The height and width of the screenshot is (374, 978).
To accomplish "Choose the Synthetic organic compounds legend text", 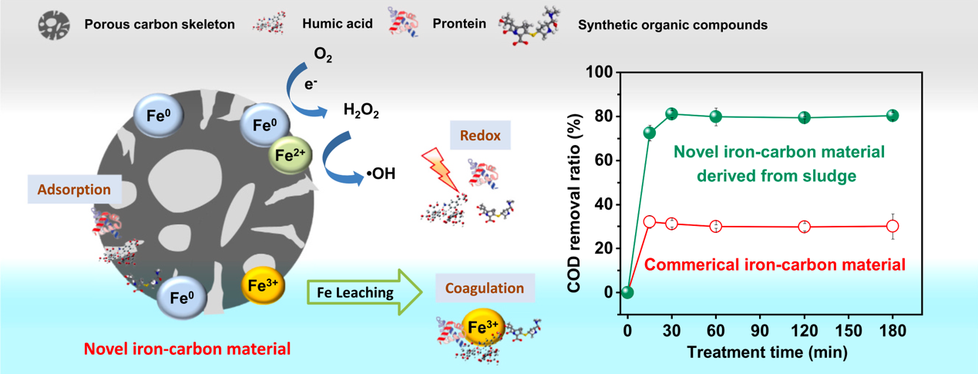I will pyautogui.click(x=672, y=25).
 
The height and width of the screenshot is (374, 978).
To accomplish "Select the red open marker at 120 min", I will pyautogui.click(x=805, y=227).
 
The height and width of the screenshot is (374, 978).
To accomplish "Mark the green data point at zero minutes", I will pyautogui.click(x=627, y=292).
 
